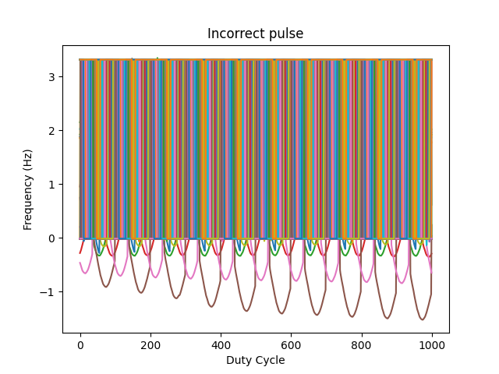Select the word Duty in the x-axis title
[239, 360]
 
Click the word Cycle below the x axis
[269, 360]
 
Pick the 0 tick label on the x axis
[80, 344]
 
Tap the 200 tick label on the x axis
[150, 344]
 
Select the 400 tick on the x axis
[221, 344]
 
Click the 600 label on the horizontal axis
[291, 344]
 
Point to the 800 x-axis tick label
[361, 344]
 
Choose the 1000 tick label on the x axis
[431, 344]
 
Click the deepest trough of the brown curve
[423, 319]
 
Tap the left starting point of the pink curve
[80, 263]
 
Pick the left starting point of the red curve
[80, 252]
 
